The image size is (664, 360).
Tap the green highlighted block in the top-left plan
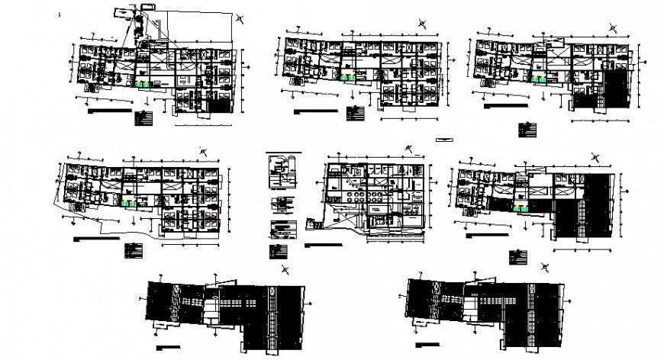click(143, 85)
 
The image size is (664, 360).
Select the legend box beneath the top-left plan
click(142, 118)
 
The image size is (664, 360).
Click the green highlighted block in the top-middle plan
click(348, 77)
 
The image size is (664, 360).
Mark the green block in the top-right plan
click(542, 78)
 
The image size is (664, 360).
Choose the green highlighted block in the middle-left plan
click(127, 203)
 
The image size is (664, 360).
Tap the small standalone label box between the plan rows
click(443, 140)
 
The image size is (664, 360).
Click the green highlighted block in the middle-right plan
click(523, 207)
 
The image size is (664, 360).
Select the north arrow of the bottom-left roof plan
click(285, 268)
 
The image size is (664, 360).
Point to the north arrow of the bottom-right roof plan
click(545, 266)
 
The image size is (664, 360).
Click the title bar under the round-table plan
click(328, 246)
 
